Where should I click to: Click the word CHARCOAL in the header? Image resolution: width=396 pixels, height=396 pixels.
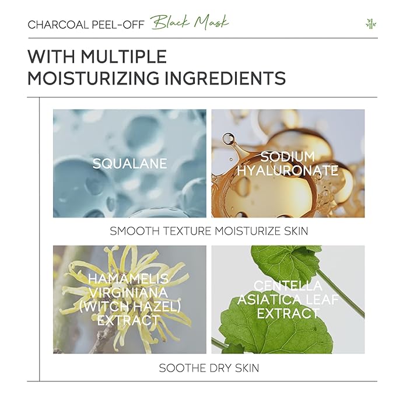tap(58, 24)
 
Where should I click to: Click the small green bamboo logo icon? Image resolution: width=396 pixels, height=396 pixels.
tap(371, 24)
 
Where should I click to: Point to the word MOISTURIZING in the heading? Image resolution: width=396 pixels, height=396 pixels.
tap(93, 78)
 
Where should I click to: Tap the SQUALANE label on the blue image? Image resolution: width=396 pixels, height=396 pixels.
tap(129, 163)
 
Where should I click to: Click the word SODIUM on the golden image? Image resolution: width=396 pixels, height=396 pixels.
tap(288, 156)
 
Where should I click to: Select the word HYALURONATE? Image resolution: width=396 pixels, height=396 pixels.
tap(288, 170)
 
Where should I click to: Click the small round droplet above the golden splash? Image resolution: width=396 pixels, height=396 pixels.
tap(228, 139)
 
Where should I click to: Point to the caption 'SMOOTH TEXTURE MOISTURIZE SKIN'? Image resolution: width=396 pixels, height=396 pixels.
tap(209, 231)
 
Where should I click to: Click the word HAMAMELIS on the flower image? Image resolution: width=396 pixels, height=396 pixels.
tap(128, 279)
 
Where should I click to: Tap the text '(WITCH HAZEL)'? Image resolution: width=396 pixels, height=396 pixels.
tap(130, 307)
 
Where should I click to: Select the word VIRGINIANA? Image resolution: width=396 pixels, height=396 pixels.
tap(129, 293)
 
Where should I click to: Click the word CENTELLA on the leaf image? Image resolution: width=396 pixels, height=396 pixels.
tap(288, 286)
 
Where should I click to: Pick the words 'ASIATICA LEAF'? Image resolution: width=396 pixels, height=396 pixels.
tap(288, 300)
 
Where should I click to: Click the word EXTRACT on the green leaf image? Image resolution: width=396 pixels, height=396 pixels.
tap(288, 313)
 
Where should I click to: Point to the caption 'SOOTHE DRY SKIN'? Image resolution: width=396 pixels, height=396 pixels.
tap(209, 368)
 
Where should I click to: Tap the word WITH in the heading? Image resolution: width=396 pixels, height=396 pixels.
tap(51, 56)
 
